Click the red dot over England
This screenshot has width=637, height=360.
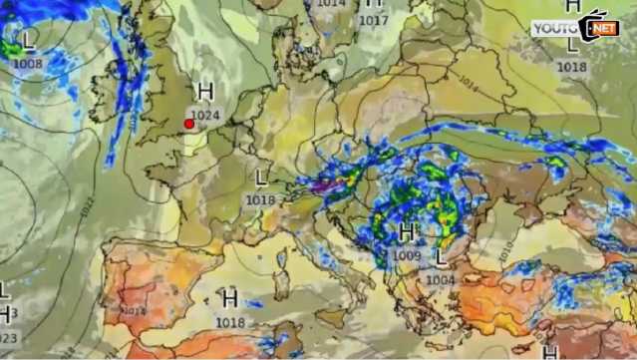[x=188, y=124]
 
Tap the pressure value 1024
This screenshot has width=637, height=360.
[x=205, y=115]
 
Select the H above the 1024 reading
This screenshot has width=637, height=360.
[x=205, y=93]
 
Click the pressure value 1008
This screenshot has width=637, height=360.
[x=28, y=64]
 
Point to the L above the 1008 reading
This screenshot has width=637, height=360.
[x=29, y=42]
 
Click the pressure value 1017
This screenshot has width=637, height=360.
[x=373, y=20]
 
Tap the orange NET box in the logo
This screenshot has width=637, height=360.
[x=603, y=29]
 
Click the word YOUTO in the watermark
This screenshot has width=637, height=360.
[x=554, y=29]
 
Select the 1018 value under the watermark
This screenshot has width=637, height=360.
[x=571, y=67]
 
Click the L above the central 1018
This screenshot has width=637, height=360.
[x=261, y=178]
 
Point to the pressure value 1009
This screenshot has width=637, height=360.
[x=406, y=255]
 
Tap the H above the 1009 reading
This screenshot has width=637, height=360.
[x=406, y=233]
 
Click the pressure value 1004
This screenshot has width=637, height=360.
[x=441, y=279]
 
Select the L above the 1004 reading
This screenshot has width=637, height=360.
[x=441, y=258]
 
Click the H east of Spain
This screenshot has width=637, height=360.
[x=230, y=298]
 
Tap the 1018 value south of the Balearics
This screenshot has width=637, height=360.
[x=230, y=322]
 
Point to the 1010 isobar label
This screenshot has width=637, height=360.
[x=506, y=244]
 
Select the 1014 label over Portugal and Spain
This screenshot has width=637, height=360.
[x=134, y=310]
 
